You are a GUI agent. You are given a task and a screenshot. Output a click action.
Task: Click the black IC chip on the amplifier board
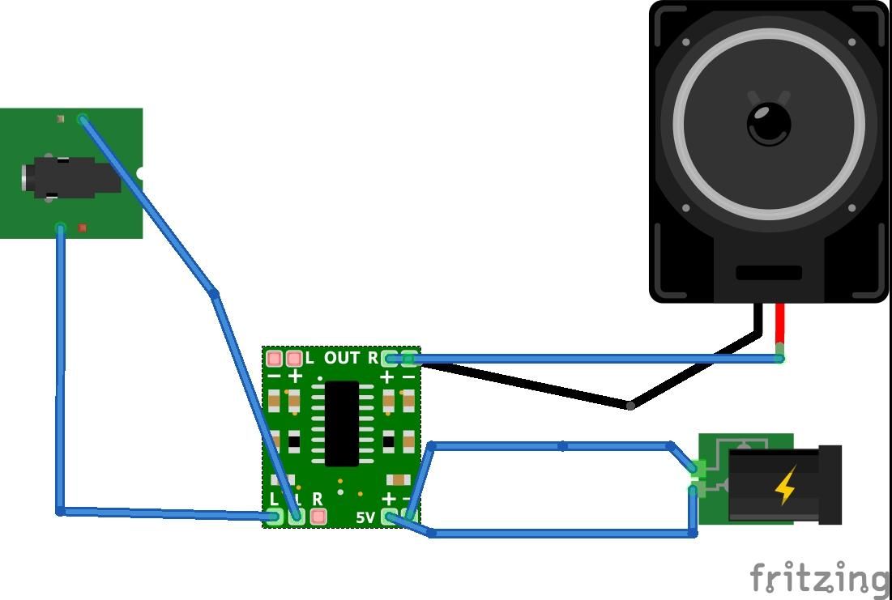click(x=341, y=423)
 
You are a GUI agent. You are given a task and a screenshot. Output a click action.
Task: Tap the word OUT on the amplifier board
click(x=342, y=358)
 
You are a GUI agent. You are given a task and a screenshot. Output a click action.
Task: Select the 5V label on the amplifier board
click(x=365, y=517)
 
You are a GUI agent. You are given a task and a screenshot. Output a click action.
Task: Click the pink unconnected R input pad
click(x=318, y=515)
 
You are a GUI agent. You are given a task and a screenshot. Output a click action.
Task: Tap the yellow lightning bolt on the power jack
click(x=784, y=486)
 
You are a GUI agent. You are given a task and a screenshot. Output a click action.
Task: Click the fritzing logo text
click(x=818, y=577)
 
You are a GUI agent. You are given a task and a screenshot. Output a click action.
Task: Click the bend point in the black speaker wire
click(x=630, y=405)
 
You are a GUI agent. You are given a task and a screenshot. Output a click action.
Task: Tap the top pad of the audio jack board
click(x=83, y=119)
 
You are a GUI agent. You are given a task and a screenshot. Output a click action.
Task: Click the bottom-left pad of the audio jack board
click(x=60, y=229)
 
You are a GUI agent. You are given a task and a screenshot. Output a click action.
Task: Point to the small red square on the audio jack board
click(x=82, y=229)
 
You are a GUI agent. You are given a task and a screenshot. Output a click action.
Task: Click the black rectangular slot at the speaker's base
click(x=768, y=273)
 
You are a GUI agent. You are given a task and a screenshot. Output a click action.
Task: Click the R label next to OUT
click(x=373, y=358)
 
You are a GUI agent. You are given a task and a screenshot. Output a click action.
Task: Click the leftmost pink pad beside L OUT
click(x=274, y=358)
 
